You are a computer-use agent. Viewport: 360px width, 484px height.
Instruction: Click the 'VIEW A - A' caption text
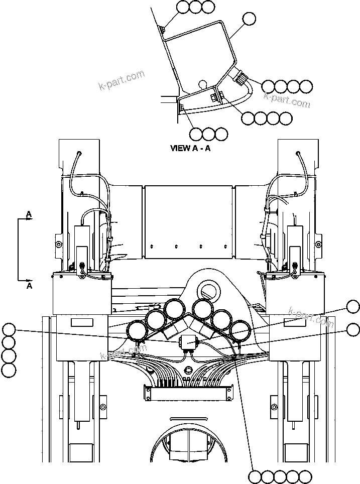click(190, 148)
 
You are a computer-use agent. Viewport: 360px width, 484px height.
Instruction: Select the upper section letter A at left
click(29, 214)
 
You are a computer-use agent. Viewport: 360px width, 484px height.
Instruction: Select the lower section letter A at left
click(29, 286)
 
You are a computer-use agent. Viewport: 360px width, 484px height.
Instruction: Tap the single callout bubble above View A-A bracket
click(249, 19)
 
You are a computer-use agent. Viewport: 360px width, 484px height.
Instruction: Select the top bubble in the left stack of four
click(9, 330)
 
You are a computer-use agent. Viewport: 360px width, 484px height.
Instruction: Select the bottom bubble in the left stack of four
click(9, 371)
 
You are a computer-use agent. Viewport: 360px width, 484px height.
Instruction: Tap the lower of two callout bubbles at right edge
click(353, 330)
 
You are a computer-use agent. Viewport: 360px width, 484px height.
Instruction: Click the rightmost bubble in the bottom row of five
click(305, 476)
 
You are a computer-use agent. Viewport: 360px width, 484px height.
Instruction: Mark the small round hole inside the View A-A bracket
click(202, 83)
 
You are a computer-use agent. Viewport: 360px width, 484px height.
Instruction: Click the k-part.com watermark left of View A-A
click(122, 79)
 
